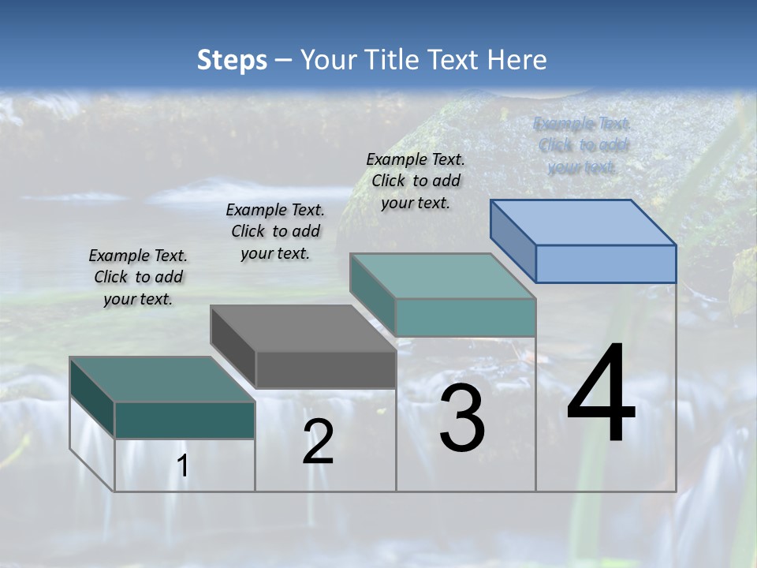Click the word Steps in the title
coord(232,60)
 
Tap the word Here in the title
coord(516,60)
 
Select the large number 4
coord(601,394)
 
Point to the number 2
coord(318,442)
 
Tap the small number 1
coord(183,466)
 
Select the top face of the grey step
coord(304,328)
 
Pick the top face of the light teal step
coord(443,276)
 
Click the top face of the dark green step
coord(162,379)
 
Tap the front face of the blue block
coord(606,263)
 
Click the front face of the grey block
coord(326,369)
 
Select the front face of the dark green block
coord(185,420)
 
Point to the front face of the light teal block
coord(465,317)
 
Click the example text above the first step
coord(138,277)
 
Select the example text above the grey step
coord(275,231)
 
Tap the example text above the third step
coord(416,181)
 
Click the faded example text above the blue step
coord(583,145)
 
